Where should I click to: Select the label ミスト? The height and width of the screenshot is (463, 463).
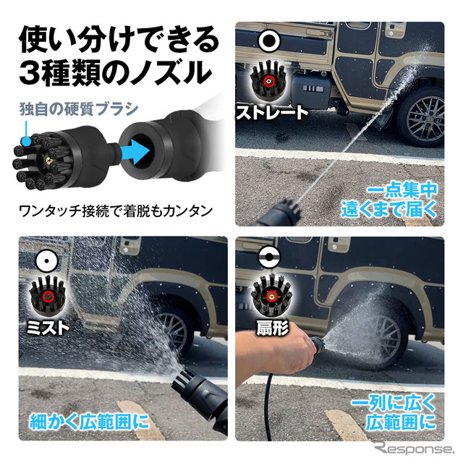point(49,327)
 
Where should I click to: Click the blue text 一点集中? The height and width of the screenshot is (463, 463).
point(401,190)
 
